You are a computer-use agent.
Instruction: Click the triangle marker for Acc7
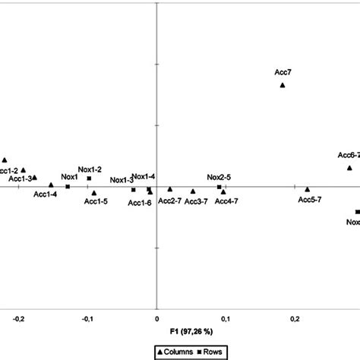click(283, 85)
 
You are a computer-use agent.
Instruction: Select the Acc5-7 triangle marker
click(308, 189)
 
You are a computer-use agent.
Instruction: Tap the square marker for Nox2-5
click(219, 187)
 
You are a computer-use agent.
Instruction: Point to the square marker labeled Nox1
click(68, 186)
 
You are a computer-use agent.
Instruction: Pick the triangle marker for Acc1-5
click(94, 193)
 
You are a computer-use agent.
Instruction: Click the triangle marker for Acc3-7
click(193, 191)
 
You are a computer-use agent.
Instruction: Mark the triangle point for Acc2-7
click(170, 189)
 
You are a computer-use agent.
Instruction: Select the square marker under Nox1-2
click(89, 178)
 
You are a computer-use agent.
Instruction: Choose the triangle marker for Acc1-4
click(51, 185)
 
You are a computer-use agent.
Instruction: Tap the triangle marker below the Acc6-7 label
click(349, 167)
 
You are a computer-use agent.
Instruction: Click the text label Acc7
click(283, 72)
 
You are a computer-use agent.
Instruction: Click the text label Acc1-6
click(140, 202)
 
